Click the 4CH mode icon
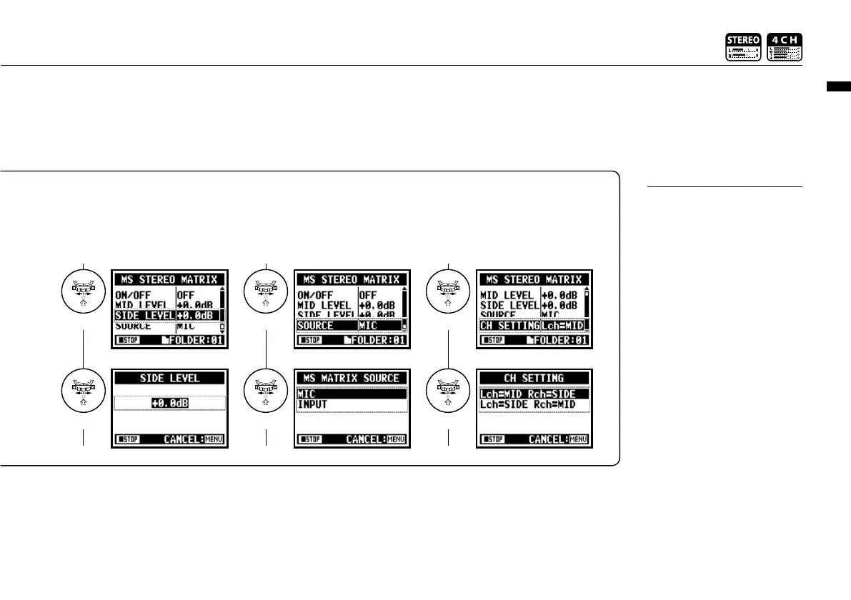[785, 47]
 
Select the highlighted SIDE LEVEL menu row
[169, 315]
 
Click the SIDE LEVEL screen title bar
[170, 378]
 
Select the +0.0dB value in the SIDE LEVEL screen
[170, 404]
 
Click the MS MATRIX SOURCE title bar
[352, 378]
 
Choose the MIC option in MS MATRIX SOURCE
[352, 394]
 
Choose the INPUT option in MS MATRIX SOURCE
[352, 404]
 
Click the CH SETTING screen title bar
[534, 378]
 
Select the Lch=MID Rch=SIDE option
[534, 394]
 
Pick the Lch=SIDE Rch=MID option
[534, 404]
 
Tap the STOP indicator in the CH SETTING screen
[494, 439]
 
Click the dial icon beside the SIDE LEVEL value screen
[84, 396]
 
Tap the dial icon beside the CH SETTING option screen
[448, 396]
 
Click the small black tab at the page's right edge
[838, 87]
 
